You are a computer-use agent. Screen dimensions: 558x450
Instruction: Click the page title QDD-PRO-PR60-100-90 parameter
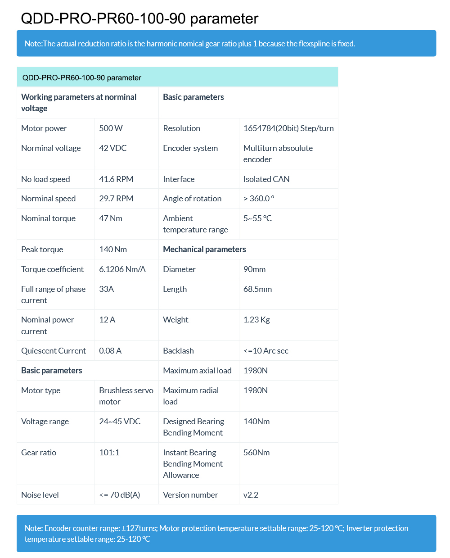(139, 18)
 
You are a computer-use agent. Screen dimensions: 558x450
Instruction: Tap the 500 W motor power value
(111, 128)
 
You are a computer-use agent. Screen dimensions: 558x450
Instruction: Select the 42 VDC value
(112, 148)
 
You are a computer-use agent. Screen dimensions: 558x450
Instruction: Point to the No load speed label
(45, 179)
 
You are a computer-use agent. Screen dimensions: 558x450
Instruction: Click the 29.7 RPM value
(116, 199)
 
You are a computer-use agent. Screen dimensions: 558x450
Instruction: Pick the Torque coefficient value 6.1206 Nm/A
(122, 269)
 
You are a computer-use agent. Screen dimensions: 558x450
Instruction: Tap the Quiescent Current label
(54, 351)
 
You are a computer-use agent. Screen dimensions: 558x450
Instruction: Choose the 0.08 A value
(110, 351)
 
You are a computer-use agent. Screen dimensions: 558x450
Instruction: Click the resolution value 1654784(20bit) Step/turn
(288, 128)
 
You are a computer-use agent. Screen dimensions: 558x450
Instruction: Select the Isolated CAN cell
(266, 179)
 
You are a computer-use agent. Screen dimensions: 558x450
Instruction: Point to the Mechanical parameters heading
(204, 250)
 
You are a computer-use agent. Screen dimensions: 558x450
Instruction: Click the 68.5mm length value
(257, 289)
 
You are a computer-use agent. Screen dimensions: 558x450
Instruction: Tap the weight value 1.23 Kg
(256, 320)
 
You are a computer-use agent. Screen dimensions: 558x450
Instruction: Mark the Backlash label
(178, 351)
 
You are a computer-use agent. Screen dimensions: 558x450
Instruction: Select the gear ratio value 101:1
(109, 453)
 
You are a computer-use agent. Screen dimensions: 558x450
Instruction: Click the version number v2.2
(251, 495)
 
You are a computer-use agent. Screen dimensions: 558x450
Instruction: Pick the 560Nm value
(256, 453)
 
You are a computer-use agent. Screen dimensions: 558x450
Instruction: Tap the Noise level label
(40, 495)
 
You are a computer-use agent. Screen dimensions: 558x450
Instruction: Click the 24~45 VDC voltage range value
(120, 422)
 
